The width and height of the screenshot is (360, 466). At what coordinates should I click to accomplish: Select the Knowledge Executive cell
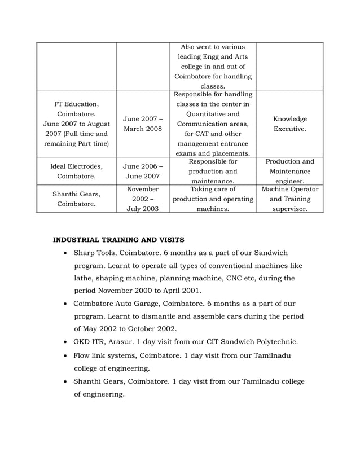click(x=289, y=124)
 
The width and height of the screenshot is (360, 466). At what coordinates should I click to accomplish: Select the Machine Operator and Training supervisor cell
click(x=289, y=199)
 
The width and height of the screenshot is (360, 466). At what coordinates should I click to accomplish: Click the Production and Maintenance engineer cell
click(x=289, y=171)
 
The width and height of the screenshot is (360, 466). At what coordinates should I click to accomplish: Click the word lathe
click(x=85, y=278)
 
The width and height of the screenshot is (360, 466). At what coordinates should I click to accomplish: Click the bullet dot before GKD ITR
click(x=67, y=342)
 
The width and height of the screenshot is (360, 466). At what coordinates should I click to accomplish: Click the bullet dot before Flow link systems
click(x=67, y=355)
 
